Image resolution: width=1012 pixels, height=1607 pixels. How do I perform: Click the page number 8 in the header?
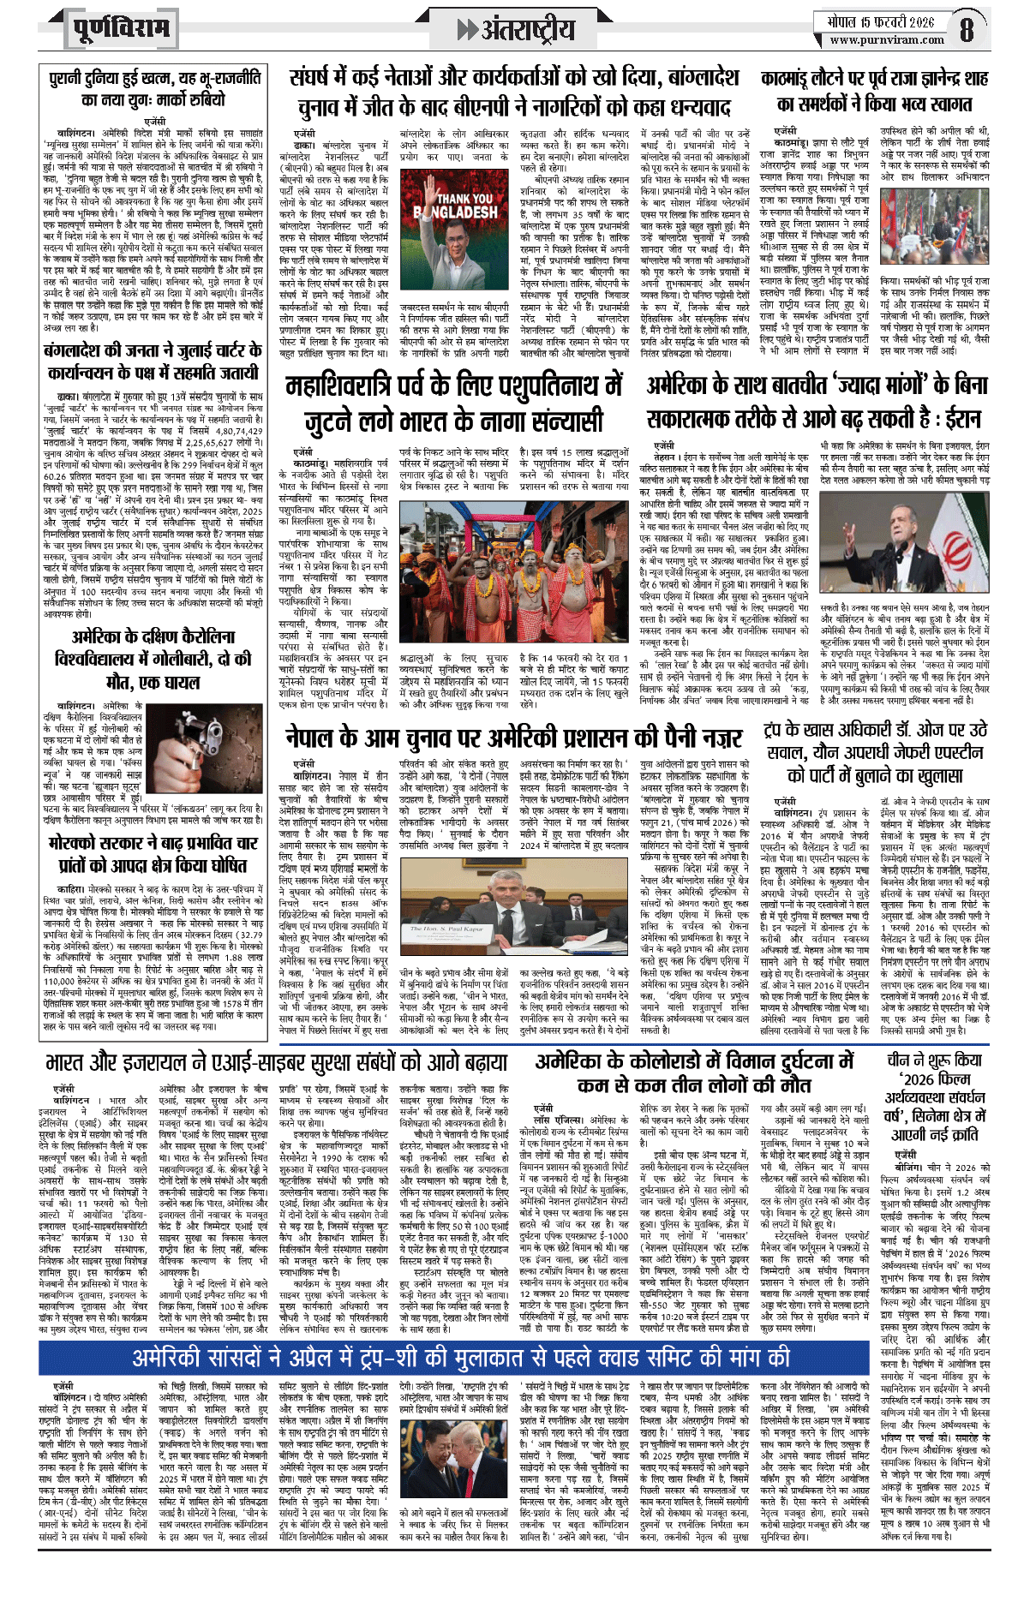[x=967, y=30]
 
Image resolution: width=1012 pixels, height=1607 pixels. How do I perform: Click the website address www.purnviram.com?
[x=887, y=39]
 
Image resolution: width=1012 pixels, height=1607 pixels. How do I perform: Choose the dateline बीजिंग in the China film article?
[x=908, y=1167]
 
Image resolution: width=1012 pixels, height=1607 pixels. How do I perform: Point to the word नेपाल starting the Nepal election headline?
[x=316, y=738]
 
